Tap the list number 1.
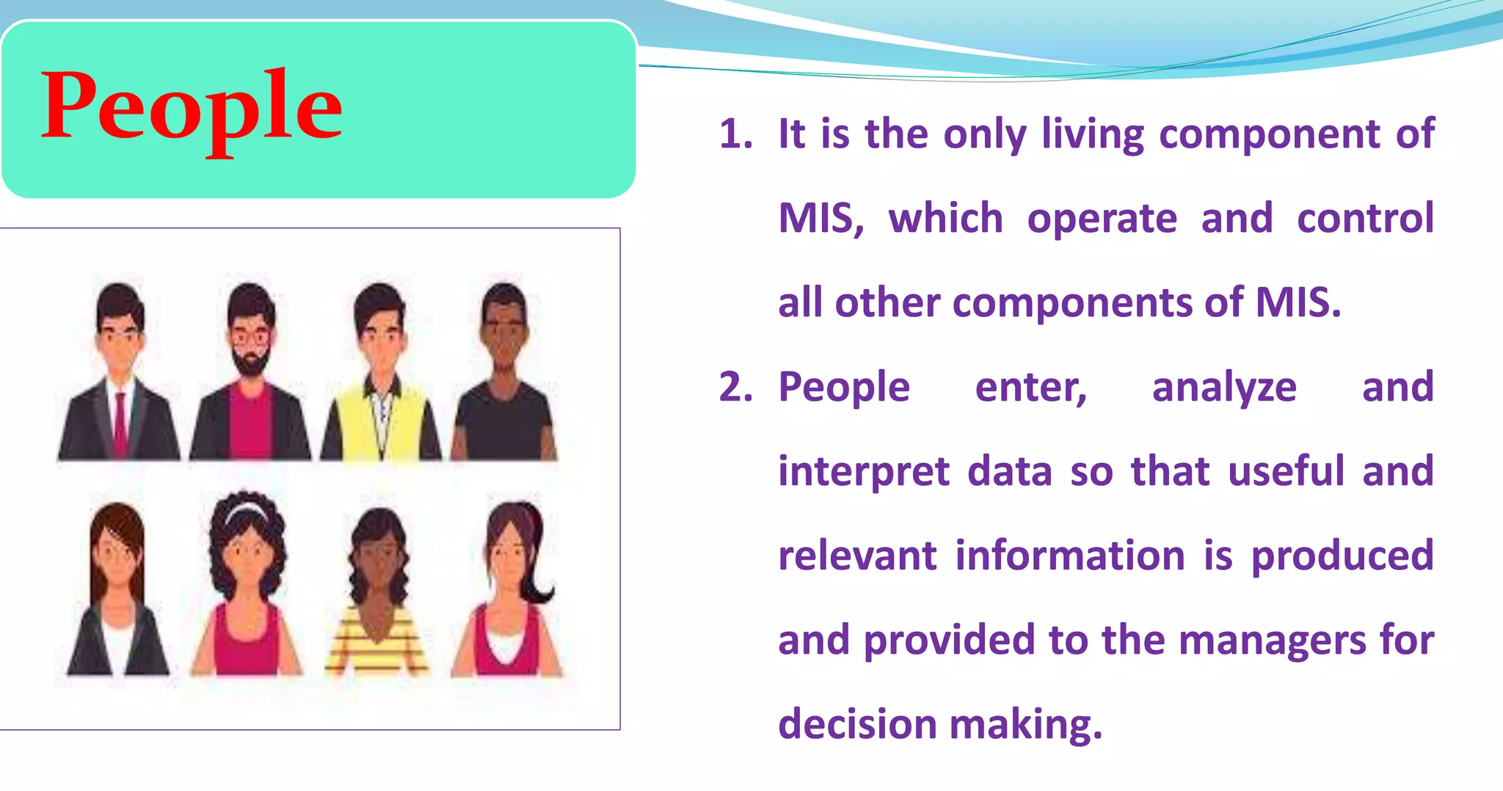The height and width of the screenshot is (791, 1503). pyautogui.click(x=735, y=135)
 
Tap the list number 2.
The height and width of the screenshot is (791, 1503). pyautogui.click(x=735, y=387)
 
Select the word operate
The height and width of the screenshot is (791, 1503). pyautogui.click(x=1102, y=219)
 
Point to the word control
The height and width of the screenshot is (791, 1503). pyautogui.click(x=1364, y=219)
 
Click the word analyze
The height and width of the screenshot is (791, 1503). pyautogui.click(x=1223, y=387)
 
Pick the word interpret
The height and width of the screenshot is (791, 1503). pyautogui.click(x=863, y=472)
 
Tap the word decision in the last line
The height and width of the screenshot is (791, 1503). pyautogui.click(x=856, y=724)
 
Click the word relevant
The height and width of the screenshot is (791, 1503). pyautogui.click(x=856, y=555)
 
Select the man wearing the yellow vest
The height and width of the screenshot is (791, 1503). pyautogui.click(x=380, y=382)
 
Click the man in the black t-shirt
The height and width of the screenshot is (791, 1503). pyautogui.click(x=504, y=382)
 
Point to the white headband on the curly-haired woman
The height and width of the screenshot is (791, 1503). pyautogui.click(x=246, y=510)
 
